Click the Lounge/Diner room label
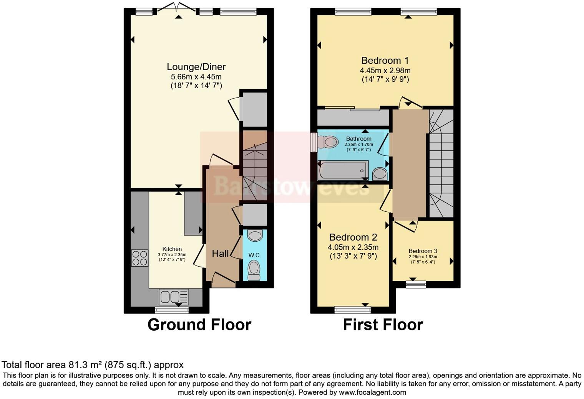[196, 67]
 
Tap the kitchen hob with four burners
[139, 258]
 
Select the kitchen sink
[174, 297]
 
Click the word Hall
[221, 254]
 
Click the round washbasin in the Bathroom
[380, 174]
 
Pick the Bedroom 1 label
[385, 61]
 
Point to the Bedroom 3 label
[423, 251]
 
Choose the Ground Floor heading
[199, 325]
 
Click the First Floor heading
[383, 325]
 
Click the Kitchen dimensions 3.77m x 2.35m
[172, 255]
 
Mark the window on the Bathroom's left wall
[314, 142]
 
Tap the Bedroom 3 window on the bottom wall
[416, 284]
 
